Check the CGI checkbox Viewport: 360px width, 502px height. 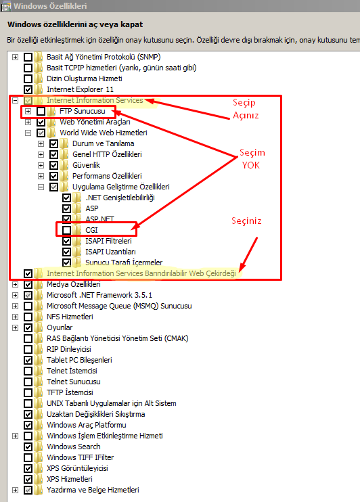(x=66, y=230)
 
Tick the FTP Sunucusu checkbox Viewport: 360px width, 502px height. (x=41, y=111)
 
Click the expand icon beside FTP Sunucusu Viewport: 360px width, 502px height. (x=28, y=111)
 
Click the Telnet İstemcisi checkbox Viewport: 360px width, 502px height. (x=28, y=371)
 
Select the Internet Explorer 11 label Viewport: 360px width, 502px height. (x=80, y=89)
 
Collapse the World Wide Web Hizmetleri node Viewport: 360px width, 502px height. (x=28, y=133)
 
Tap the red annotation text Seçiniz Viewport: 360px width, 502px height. (x=246, y=221)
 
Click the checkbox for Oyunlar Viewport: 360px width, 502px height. (x=28, y=327)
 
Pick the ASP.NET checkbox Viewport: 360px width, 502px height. (x=66, y=219)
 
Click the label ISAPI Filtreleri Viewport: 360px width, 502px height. (x=108, y=241)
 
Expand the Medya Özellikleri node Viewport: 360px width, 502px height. (x=15, y=284)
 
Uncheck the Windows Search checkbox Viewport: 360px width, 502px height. (x=28, y=447)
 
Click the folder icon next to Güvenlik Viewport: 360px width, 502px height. (x=64, y=165)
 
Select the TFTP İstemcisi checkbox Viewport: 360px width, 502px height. (x=28, y=392)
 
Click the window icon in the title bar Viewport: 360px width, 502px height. (x=6, y=6)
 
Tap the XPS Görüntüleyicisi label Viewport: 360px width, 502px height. (x=77, y=468)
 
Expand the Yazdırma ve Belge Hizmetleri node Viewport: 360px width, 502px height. (x=15, y=490)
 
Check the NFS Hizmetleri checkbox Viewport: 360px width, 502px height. (x=28, y=317)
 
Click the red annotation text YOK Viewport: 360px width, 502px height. (x=251, y=165)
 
